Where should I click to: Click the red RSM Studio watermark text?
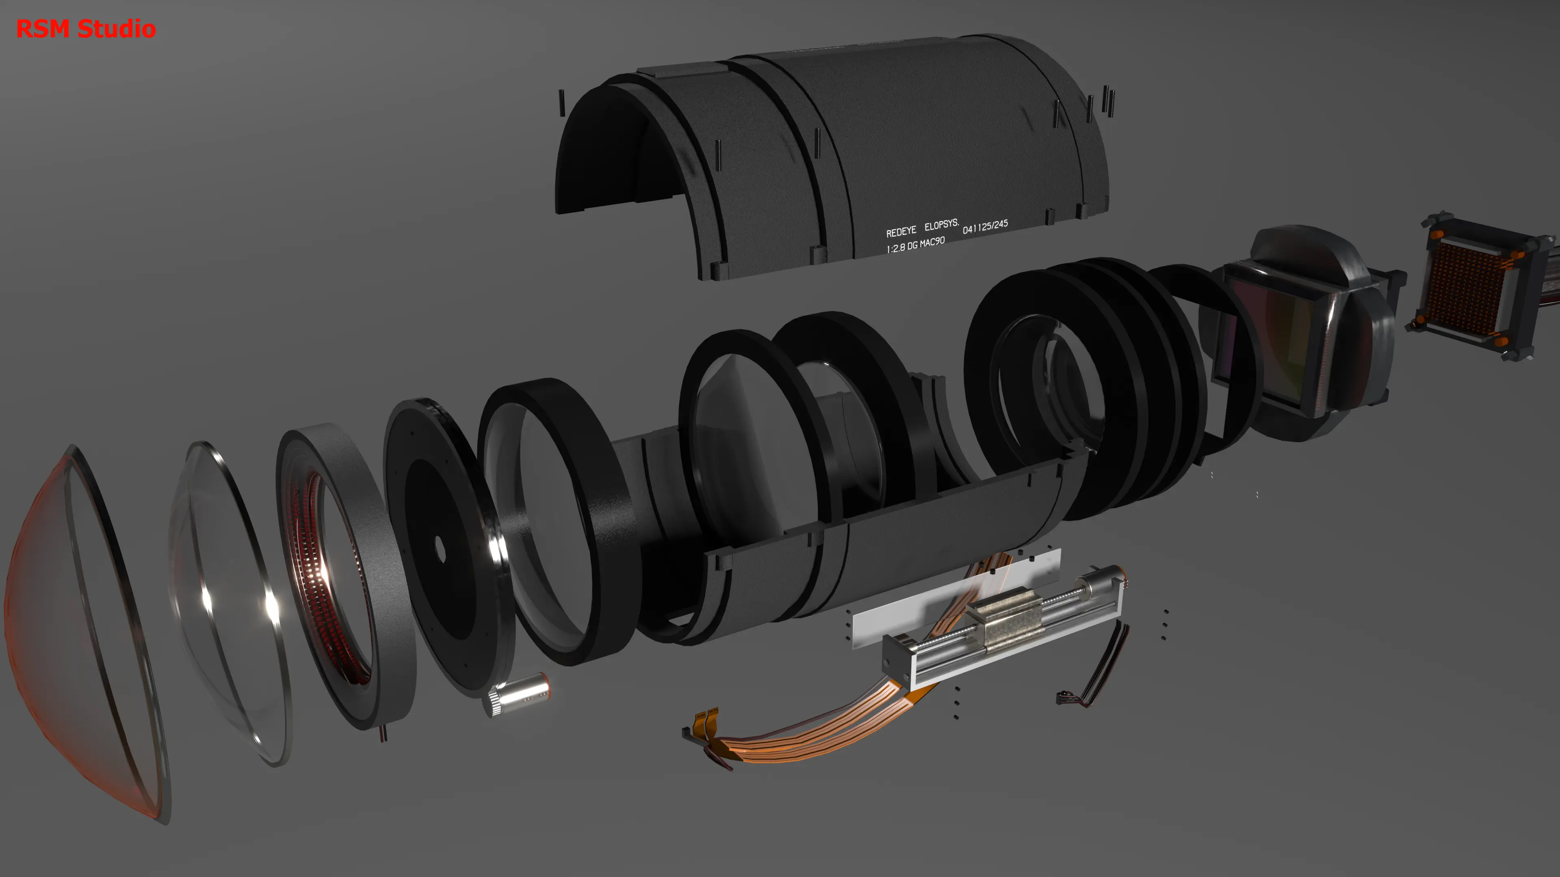point(86,28)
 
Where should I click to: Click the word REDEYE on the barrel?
point(901,232)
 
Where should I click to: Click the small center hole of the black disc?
point(440,549)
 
